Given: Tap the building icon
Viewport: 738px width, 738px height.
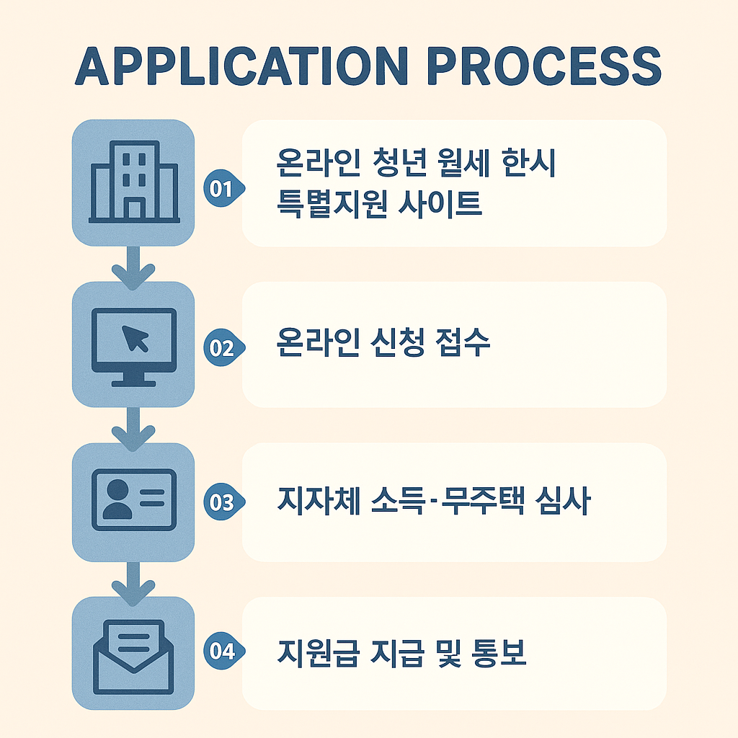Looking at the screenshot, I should [133, 182].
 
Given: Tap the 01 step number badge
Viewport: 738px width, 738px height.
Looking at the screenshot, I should [222, 189].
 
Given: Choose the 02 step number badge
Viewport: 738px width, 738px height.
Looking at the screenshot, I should [222, 347].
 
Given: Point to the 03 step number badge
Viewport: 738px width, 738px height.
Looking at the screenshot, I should [222, 502].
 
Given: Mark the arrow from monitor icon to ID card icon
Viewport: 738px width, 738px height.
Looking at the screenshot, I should [133, 427].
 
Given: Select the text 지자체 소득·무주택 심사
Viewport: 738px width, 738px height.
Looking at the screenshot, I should [432, 502].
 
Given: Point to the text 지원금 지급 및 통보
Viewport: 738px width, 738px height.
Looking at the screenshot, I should [401, 653].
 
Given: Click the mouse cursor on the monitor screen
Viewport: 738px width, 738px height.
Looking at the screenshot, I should [135, 337].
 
